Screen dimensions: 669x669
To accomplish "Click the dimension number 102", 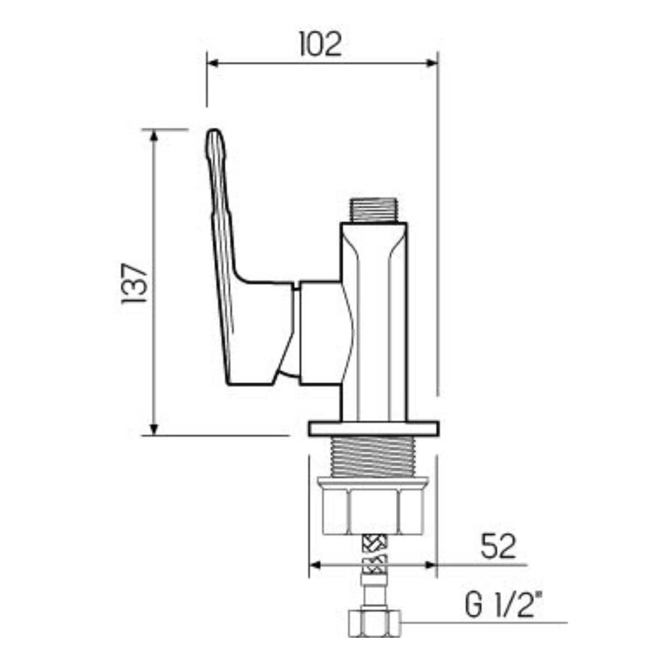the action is (321, 44).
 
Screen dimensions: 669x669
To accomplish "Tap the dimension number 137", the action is (134, 283).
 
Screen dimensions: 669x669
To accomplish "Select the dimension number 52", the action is (498, 546).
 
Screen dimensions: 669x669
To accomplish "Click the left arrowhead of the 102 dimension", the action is (212, 63).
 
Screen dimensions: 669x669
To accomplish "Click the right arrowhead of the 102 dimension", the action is (432, 63).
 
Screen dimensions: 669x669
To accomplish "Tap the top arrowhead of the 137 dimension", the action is (154, 135).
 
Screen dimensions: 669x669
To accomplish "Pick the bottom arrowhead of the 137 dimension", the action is (154, 429).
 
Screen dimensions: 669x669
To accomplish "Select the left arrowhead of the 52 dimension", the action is (314, 565).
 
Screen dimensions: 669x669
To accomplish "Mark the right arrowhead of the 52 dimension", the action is (430, 565).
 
